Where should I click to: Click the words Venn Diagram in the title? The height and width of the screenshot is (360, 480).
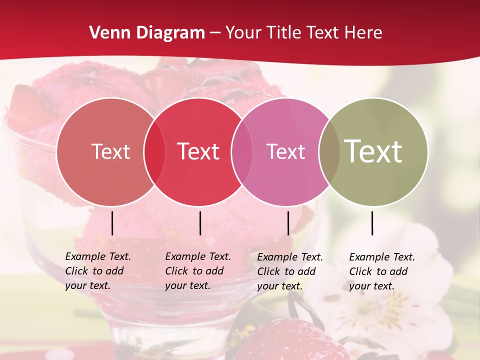click(x=147, y=33)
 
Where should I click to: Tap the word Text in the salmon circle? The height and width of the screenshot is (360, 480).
click(x=110, y=151)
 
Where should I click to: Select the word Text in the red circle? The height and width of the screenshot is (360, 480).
click(x=198, y=151)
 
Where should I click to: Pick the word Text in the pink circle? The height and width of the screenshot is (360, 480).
click(x=285, y=151)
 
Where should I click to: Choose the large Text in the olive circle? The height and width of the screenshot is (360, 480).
click(x=373, y=151)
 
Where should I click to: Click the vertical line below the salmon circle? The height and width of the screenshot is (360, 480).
click(x=112, y=223)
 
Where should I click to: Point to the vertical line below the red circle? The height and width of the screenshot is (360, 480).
click(x=200, y=223)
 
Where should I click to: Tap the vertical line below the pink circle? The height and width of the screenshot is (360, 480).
click(x=288, y=223)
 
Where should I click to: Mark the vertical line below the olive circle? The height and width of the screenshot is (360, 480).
click(x=372, y=223)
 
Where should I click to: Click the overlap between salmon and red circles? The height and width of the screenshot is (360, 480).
click(x=154, y=151)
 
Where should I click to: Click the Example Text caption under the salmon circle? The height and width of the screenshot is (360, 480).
click(x=97, y=271)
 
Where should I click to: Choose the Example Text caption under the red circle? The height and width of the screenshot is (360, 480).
click(x=197, y=271)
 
